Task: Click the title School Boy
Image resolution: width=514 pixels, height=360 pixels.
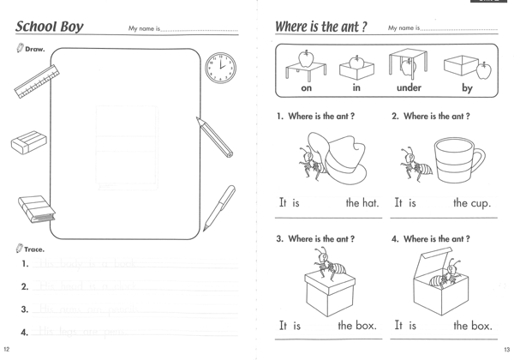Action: pyautogui.click(x=50, y=27)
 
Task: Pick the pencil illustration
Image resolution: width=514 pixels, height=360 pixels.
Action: pyautogui.click(x=214, y=137)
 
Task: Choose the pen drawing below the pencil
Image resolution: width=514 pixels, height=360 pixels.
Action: pyautogui.click(x=219, y=208)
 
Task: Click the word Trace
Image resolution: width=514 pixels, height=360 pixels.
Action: pyautogui.click(x=34, y=249)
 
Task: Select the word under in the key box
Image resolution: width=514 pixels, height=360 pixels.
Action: pyautogui.click(x=409, y=88)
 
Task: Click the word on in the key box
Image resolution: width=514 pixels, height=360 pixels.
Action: pyautogui.click(x=307, y=88)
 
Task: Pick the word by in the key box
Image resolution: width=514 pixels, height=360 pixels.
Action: pyautogui.click(x=467, y=88)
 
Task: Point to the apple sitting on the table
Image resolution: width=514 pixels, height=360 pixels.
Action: pyautogui.click(x=306, y=58)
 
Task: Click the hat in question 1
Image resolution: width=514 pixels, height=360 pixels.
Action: pyautogui.click(x=343, y=159)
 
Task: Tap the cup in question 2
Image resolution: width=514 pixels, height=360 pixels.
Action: pyautogui.click(x=457, y=162)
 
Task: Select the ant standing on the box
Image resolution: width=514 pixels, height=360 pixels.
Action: pyautogui.click(x=326, y=266)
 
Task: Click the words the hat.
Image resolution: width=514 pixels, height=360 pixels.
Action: pyautogui.click(x=362, y=204)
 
